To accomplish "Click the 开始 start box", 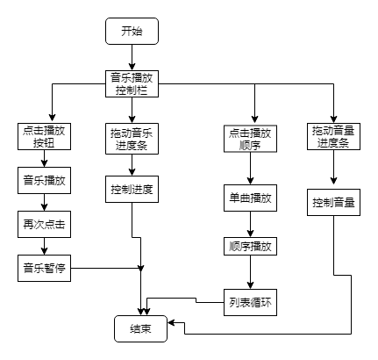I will point(132,32).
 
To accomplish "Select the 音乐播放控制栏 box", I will point(132,83).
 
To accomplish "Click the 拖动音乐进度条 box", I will point(132,138).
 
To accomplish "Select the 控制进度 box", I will point(132,190).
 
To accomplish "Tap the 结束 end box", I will point(140,329).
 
